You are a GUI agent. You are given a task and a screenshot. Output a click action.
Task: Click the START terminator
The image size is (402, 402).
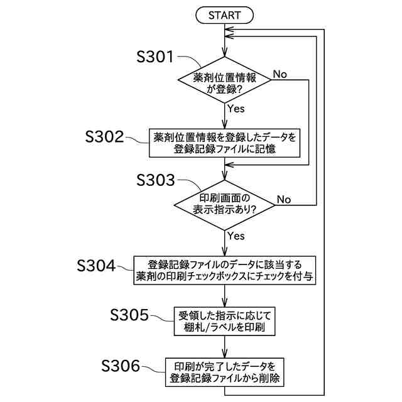225,14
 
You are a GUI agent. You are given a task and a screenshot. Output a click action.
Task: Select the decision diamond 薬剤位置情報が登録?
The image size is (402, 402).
225,80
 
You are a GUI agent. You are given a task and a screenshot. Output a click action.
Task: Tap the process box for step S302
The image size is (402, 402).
224,142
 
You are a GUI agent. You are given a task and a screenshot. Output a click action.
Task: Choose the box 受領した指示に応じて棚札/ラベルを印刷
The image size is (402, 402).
224,322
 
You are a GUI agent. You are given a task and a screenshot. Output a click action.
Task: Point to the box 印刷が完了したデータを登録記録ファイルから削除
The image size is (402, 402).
224,373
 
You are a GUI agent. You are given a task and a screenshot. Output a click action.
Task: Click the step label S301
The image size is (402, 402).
156,57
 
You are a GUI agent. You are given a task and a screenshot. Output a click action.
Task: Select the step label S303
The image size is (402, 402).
156,180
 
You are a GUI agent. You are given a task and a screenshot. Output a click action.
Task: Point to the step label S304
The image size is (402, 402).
96,266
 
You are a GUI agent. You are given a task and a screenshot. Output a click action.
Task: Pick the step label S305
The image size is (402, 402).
129,315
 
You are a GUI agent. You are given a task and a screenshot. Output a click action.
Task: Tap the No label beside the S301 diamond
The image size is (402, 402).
280,74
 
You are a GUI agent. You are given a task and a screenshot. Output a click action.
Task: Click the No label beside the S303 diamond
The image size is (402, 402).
284,199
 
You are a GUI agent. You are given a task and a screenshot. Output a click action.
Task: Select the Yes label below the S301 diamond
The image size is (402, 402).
236,109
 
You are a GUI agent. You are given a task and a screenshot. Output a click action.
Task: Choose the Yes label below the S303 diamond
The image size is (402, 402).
236,236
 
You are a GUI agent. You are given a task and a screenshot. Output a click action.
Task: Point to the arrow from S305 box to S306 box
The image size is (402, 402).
225,347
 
